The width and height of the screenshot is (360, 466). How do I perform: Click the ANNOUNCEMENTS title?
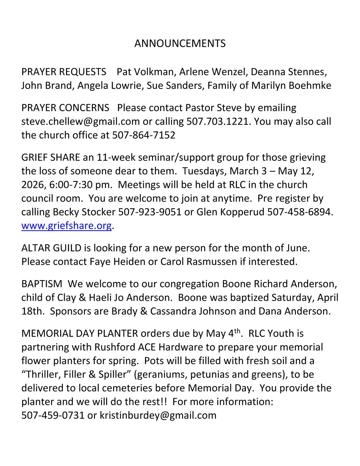[x=180, y=44]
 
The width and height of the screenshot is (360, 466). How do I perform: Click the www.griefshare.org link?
[x=66, y=226]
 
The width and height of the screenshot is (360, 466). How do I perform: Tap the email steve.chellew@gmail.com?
[x=80, y=122]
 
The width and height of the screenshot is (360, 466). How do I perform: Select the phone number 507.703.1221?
[x=218, y=122]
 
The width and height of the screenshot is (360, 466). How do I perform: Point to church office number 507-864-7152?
[x=144, y=135]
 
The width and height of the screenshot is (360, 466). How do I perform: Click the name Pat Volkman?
[x=145, y=72]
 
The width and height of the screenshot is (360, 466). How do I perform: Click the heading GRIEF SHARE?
[x=51, y=158]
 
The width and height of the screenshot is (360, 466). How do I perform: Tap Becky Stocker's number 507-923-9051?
[x=150, y=212]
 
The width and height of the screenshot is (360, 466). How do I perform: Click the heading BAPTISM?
[x=42, y=284]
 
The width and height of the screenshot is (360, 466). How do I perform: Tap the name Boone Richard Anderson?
[x=279, y=284]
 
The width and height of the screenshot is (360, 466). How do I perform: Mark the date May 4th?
[x=223, y=333]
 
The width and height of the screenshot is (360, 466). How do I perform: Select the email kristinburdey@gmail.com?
[x=158, y=416]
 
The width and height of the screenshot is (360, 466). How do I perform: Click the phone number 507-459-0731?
[x=53, y=416]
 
